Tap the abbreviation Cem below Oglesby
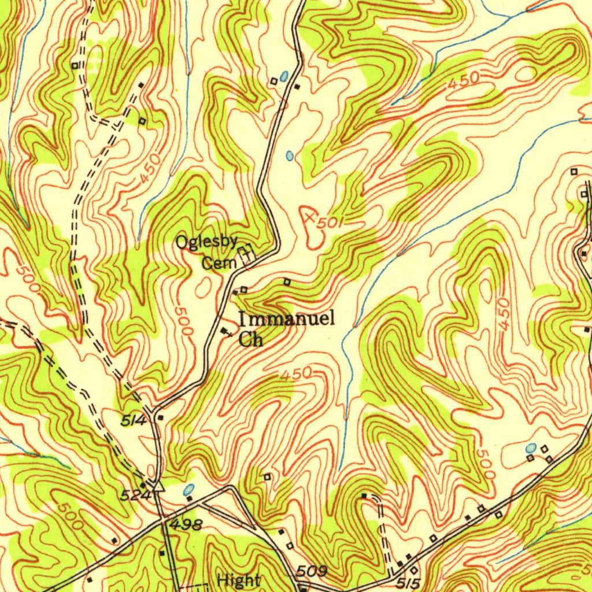coord(219,264)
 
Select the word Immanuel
coord(287,319)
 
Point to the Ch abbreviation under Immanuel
coord(251,339)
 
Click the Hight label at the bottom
coord(239,580)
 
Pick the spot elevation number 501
coord(330,223)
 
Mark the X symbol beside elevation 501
coord(310,217)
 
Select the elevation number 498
coord(186,525)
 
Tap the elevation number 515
coord(409,584)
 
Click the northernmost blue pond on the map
coord(283,76)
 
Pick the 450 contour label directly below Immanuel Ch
coord(295,375)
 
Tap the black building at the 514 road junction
coord(160,417)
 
